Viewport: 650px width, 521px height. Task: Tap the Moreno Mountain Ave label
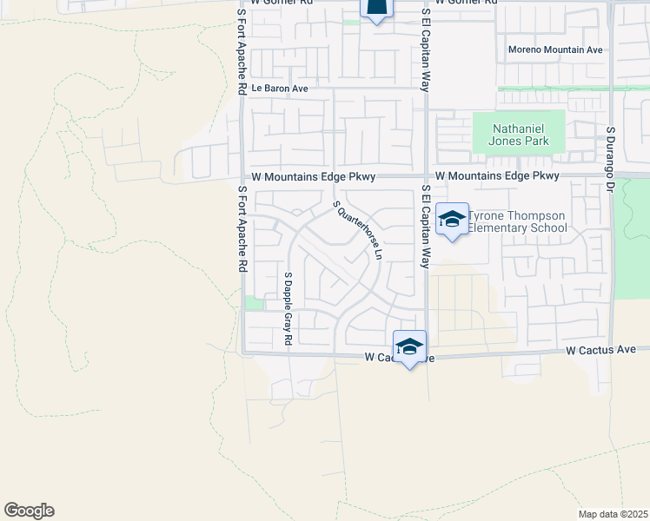(x=555, y=49)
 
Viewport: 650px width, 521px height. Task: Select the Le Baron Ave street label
(x=280, y=89)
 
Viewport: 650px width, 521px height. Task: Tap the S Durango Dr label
(x=611, y=157)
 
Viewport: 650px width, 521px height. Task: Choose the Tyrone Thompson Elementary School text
(x=518, y=221)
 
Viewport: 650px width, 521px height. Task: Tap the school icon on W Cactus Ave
(x=409, y=346)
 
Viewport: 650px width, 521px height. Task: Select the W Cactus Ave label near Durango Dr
(x=601, y=350)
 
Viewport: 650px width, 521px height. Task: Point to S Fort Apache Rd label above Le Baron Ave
(x=242, y=52)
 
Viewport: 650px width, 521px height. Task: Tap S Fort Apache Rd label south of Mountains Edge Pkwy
(x=242, y=228)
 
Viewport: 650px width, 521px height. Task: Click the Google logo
(x=29, y=511)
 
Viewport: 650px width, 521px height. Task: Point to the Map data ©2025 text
(x=613, y=514)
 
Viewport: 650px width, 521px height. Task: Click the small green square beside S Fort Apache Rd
(x=254, y=303)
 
